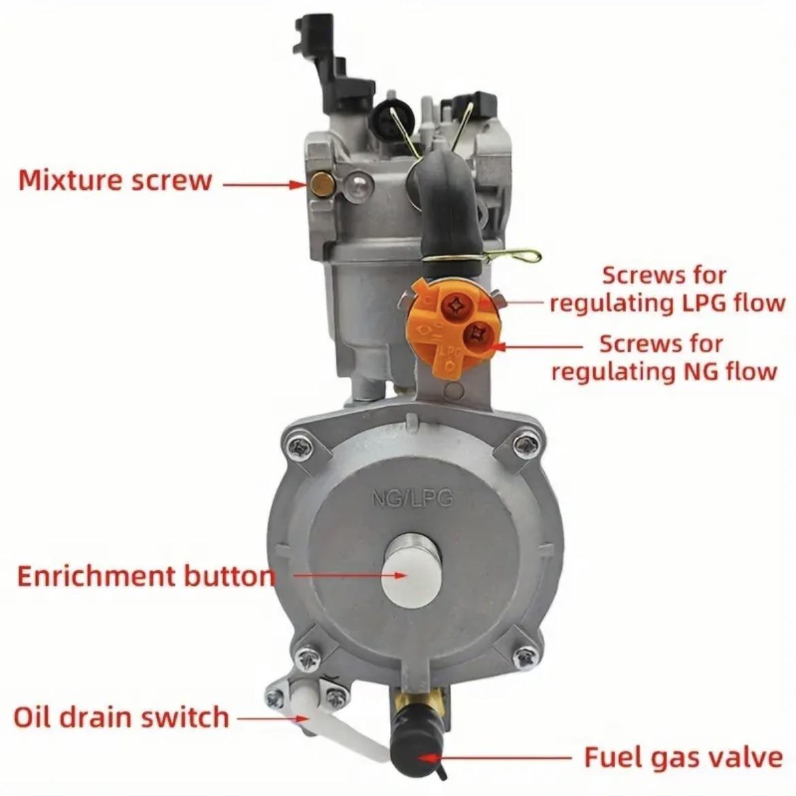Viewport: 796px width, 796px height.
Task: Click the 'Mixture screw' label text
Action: (115, 181)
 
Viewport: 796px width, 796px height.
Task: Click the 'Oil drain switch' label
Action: (122, 717)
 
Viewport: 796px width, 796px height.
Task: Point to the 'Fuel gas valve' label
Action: (683, 757)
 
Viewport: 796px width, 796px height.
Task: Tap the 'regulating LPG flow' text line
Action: (667, 303)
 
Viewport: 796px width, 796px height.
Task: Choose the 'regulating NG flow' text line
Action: (663, 371)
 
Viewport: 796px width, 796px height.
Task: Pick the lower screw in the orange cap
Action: (476, 333)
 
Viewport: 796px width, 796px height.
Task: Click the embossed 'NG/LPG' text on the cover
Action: (412, 498)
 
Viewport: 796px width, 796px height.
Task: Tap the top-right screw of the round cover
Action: (525, 445)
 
